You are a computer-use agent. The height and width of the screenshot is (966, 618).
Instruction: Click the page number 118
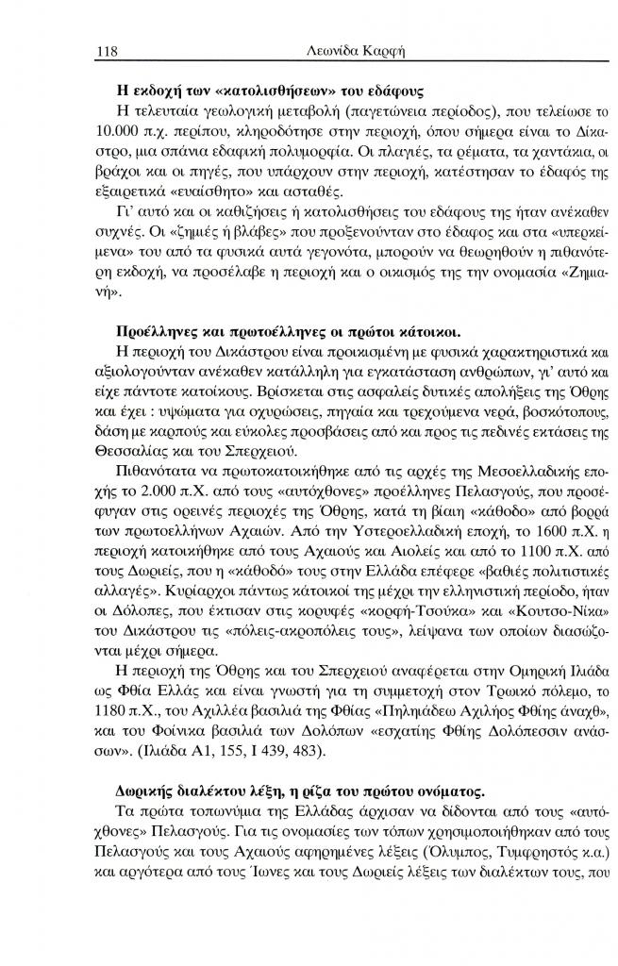(x=106, y=47)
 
